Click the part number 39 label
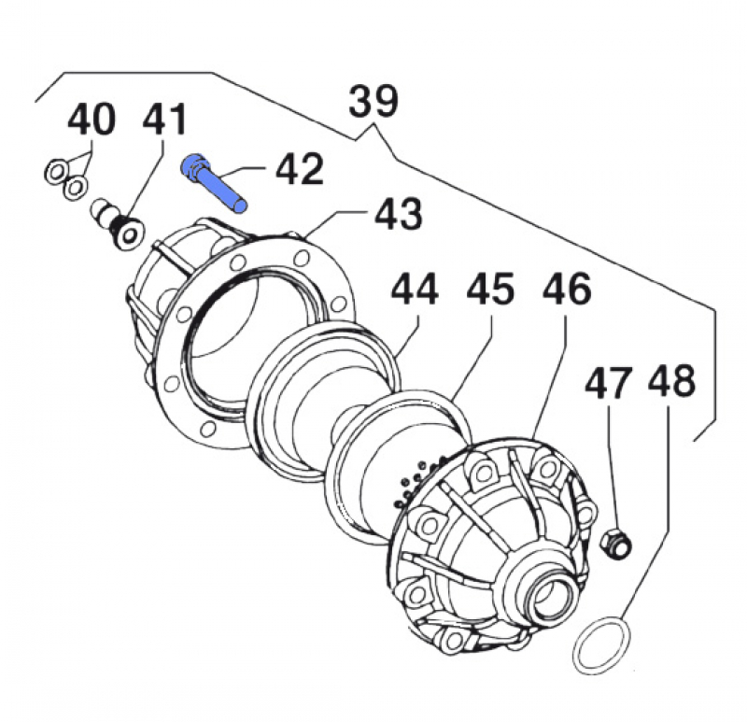[374, 101]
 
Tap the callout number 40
[92, 120]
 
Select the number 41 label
[164, 120]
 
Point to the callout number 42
[298, 170]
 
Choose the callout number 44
[415, 290]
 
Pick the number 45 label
[490, 290]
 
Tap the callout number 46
[566, 290]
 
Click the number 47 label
[609, 384]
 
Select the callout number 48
[671, 384]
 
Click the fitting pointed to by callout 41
[117, 223]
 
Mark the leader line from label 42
[249, 171]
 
